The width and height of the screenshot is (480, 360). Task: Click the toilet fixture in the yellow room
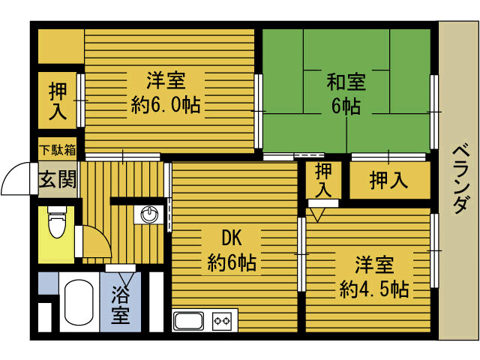coord(57,221)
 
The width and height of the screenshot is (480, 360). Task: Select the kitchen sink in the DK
coord(189,321)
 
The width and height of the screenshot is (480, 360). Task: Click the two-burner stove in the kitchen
coord(222,321)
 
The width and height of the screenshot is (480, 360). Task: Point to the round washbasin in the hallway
coord(149,214)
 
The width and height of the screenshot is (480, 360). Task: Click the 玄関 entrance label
coord(57,179)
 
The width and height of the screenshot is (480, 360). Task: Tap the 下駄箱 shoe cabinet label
coord(58,150)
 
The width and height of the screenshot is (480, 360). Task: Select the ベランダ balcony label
coord(460,180)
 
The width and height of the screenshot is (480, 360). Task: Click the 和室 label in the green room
coord(346,82)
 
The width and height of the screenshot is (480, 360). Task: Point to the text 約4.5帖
coord(373,289)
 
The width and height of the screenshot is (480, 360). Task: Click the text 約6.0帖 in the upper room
coord(166,105)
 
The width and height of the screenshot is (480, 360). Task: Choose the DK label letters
coord(232,238)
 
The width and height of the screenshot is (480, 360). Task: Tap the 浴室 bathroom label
coord(120,304)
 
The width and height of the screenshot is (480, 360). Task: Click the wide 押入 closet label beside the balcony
coord(388,180)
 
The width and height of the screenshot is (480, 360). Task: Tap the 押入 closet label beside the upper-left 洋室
coord(58,101)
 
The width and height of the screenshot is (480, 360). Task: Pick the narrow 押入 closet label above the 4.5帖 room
coord(323,180)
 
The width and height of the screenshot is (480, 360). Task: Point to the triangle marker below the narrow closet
coord(317,214)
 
